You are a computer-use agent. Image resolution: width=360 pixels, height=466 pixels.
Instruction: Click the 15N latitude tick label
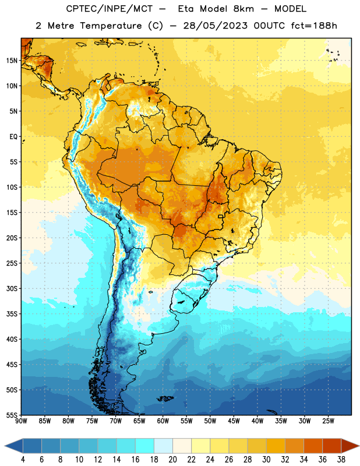tap(12, 61)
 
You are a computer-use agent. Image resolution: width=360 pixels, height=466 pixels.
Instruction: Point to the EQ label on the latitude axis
tap(13, 137)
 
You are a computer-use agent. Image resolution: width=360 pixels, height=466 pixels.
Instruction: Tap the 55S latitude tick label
tap(12, 415)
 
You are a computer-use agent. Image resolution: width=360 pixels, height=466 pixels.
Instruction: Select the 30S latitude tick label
tap(12, 288)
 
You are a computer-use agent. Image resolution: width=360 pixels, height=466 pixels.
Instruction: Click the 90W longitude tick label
tap(21, 421)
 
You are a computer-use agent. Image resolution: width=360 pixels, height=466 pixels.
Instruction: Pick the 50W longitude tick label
tap(210, 421)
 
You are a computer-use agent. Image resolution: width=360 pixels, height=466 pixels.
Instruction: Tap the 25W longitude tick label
tap(328, 421)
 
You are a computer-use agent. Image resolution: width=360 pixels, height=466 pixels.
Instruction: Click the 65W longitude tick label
tap(139, 421)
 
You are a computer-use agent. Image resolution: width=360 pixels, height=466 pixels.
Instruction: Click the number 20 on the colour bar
tap(172, 460)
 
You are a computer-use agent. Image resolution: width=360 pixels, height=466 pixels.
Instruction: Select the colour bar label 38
tap(341, 460)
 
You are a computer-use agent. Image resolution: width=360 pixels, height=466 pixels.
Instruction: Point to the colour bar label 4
tap(23, 460)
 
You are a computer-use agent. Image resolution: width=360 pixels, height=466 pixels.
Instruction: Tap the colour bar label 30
tap(266, 460)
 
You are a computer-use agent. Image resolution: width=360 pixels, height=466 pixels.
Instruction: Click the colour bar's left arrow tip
tap(5, 446)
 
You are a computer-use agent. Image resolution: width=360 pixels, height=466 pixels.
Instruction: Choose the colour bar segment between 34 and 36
tap(313, 446)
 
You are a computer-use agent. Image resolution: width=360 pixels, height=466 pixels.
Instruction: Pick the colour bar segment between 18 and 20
tap(163, 446)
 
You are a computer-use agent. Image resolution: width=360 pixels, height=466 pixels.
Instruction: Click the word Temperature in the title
tap(111, 26)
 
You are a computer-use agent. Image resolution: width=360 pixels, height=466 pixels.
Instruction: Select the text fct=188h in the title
tap(314, 26)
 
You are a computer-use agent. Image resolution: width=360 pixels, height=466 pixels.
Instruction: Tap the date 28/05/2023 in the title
tap(215, 26)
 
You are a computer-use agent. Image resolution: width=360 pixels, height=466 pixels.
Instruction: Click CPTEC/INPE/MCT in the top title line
tap(109, 9)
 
